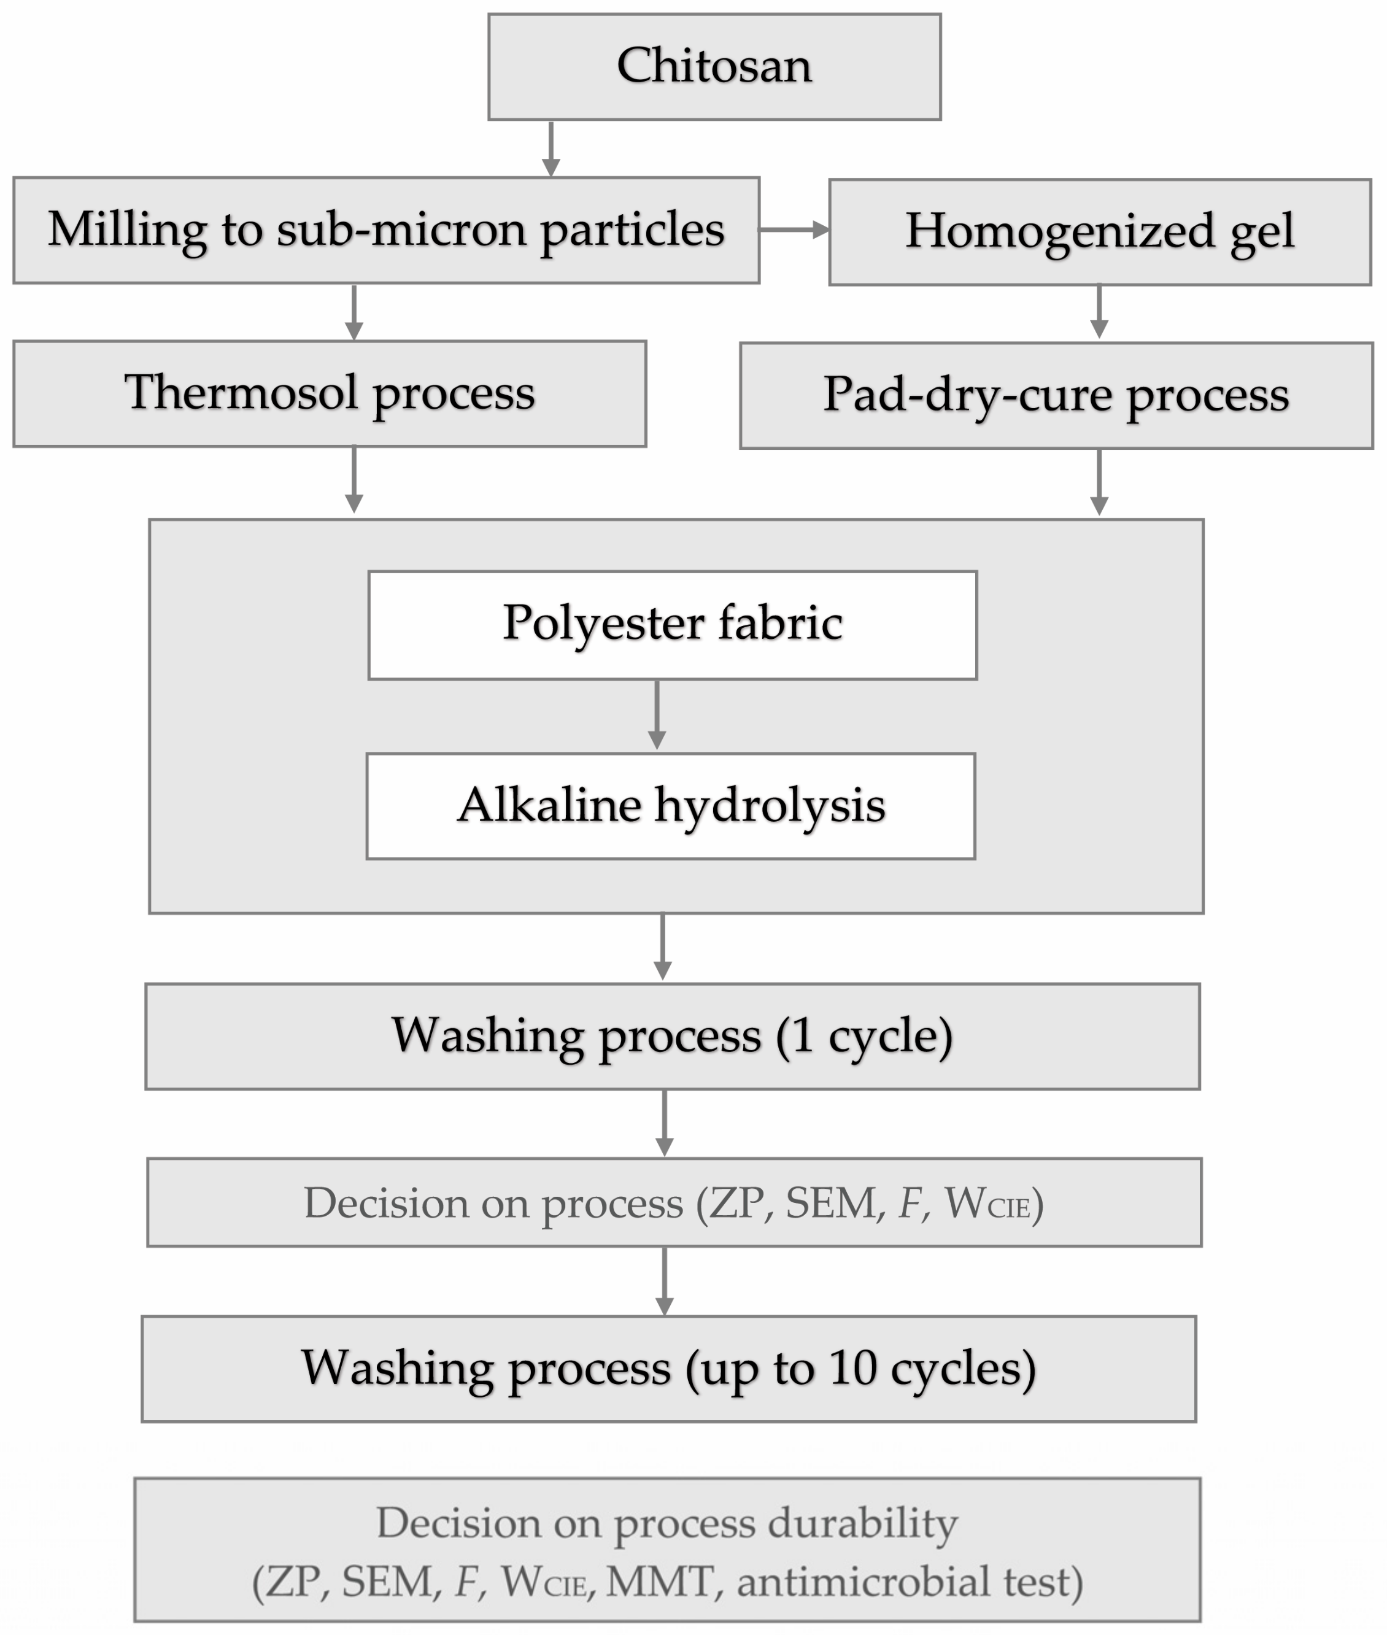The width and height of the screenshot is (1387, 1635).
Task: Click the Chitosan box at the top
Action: click(714, 67)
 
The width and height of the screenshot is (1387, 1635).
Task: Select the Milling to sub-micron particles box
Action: click(386, 230)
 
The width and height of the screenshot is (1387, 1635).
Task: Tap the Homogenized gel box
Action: click(1099, 232)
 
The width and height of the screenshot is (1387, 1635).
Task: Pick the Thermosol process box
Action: click(330, 394)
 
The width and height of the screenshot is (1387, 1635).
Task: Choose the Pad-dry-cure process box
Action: click(1056, 396)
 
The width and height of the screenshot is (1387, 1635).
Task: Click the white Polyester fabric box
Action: click(672, 625)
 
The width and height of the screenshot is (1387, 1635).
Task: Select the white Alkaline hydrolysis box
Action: click(671, 806)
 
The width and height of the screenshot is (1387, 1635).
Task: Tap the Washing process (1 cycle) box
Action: click(672, 1036)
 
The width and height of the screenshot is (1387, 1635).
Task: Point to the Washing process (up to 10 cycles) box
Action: click(668, 1369)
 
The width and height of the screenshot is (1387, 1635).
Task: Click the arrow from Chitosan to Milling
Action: click(551, 149)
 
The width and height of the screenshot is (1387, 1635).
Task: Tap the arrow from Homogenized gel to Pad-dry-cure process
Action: click(1099, 312)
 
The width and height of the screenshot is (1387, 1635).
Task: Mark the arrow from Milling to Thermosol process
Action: click(354, 312)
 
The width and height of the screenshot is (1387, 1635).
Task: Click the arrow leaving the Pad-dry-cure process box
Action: click(1099, 482)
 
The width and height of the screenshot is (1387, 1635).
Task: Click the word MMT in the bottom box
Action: click(660, 1582)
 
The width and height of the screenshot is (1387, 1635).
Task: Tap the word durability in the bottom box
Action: click(862, 1523)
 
